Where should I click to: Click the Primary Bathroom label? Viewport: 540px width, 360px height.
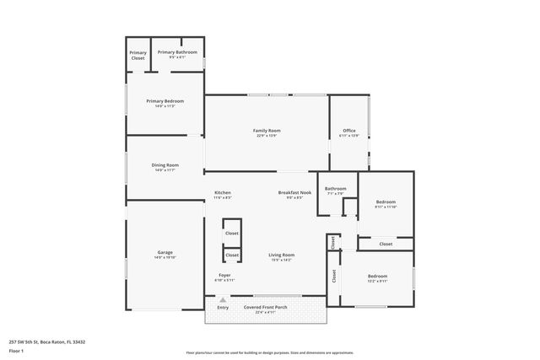177,52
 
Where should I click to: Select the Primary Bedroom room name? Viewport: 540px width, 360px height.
165,100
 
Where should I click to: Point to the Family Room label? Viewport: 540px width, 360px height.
267,130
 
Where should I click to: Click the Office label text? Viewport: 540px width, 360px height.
348,130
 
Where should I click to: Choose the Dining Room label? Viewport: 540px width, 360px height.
165,165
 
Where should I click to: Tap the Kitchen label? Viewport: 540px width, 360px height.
222,192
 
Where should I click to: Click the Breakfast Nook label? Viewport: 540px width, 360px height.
294,192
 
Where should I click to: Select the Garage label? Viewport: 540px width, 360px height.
165,252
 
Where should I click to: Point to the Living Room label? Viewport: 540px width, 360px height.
281,255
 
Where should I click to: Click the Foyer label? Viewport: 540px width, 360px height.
224,275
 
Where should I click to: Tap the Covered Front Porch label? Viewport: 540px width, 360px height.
266,307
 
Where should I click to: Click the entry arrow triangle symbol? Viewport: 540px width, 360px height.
223,299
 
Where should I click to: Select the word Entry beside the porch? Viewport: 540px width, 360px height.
223,308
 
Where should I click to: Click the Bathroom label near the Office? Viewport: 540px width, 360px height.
335,188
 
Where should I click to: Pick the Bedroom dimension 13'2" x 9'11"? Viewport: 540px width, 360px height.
376,281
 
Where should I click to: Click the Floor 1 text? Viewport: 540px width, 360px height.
16,350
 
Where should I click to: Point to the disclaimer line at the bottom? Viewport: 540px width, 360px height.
269,352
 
